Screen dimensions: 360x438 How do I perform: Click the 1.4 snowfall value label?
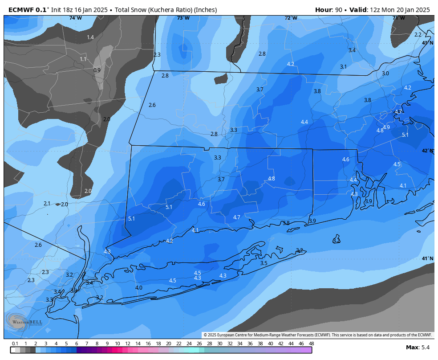click(x=90, y=37)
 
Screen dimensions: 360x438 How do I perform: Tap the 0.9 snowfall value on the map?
click(x=97, y=70)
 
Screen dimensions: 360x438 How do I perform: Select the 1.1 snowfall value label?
click(x=83, y=59)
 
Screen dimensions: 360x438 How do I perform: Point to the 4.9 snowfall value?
click(x=386, y=127)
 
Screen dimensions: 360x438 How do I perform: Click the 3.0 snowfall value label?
click(x=385, y=74)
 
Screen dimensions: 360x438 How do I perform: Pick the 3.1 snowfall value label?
click(x=343, y=67)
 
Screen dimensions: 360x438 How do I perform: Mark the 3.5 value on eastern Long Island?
click(x=264, y=263)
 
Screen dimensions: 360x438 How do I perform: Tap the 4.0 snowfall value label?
click(x=139, y=288)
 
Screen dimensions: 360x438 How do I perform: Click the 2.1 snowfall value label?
click(x=47, y=204)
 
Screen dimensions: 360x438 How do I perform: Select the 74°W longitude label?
click(x=75, y=18)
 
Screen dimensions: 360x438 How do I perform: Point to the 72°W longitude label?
click(x=291, y=18)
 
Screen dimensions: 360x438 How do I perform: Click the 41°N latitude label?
click(x=427, y=258)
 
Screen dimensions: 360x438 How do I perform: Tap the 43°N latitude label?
click(x=427, y=43)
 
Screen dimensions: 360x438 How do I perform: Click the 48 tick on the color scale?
click(x=311, y=344)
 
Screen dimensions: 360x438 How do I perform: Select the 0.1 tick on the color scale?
click(x=15, y=344)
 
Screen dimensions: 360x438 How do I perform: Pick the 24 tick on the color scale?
click(x=189, y=344)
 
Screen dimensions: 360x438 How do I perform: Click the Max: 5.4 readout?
click(x=418, y=347)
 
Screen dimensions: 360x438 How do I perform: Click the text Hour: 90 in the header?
click(x=329, y=10)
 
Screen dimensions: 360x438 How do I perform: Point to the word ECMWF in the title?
click(x=21, y=10)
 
